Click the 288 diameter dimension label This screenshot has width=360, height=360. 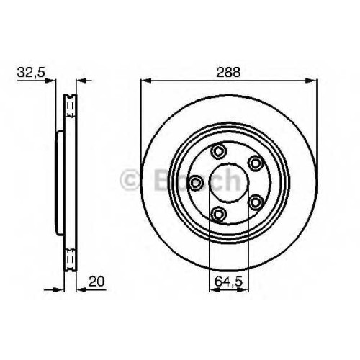(x=228, y=72)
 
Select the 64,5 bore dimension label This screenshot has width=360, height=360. (x=228, y=282)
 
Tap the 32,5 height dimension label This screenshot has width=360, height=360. (x=31, y=72)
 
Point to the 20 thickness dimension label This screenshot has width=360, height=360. (x=96, y=282)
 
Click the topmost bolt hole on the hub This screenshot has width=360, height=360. (x=218, y=151)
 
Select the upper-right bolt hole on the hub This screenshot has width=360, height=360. (x=255, y=163)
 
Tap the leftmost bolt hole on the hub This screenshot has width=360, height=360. (x=196, y=183)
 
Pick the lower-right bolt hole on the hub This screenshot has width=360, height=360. (x=256, y=202)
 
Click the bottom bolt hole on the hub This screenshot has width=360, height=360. (x=219, y=214)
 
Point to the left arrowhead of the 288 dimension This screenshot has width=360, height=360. (x=146, y=81)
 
